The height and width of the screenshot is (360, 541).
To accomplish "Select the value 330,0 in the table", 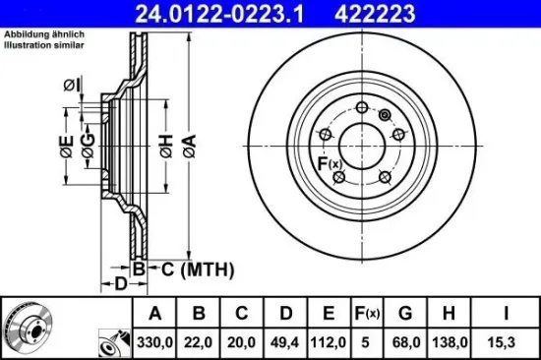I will pyautogui.click(x=154, y=341).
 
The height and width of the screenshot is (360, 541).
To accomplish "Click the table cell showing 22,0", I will pyautogui.click(x=199, y=341).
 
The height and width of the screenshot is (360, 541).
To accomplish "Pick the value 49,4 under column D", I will pyautogui.click(x=285, y=341).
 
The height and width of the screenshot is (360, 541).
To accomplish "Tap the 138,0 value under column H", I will pyautogui.click(x=447, y=341).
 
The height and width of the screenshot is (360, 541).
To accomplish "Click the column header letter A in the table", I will pyautogui.click(x=154, y=314).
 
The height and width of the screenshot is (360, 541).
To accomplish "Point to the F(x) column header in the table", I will pyautogui.click(x=366, y=314).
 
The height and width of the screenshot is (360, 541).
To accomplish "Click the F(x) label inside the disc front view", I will pyautogui.click(x=329, y=163).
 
